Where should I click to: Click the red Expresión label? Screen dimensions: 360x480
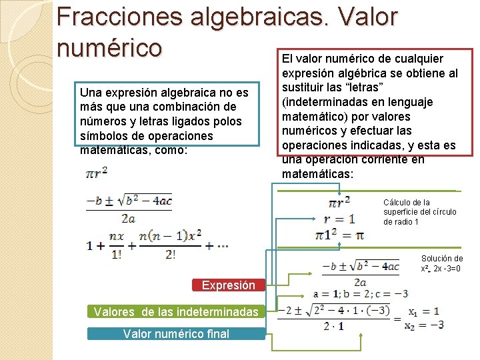[229, 285]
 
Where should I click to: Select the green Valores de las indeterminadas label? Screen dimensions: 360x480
[176, 311]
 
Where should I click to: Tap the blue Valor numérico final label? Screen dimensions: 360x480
[176, 334]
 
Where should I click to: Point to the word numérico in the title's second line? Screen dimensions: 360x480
[109, 47]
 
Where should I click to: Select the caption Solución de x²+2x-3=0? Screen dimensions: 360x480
[442, 263]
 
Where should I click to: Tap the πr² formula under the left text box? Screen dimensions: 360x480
[97, 173]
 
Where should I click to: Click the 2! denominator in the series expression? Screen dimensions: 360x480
[170, 254]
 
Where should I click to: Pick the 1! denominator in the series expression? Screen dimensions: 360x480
[116, 254]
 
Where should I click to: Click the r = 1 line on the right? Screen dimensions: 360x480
[339, 218]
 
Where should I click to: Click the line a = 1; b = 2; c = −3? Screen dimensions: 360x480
[360, 293]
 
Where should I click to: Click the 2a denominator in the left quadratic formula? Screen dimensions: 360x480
[129, 217]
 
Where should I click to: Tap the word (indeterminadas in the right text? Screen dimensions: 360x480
[322, 102]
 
